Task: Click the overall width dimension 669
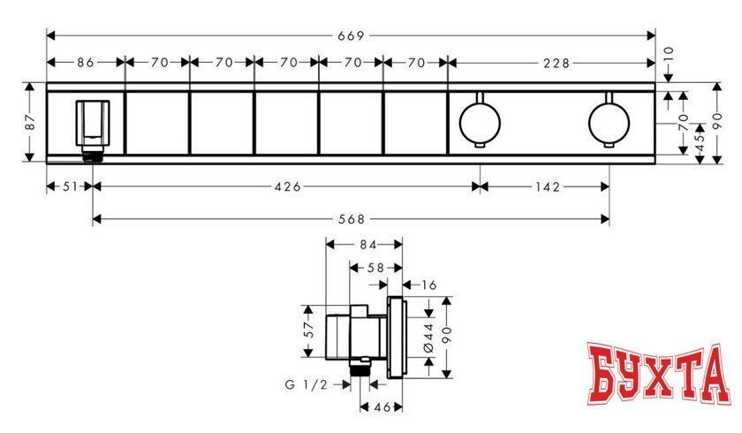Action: [x=352, y=35]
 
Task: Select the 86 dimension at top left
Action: [x=85, y=63]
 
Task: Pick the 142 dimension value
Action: [x=545, y=186]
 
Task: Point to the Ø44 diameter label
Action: [x=428, y=337]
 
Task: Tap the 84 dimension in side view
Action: [x=365, y=245]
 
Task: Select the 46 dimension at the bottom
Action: [x=381, y=408]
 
